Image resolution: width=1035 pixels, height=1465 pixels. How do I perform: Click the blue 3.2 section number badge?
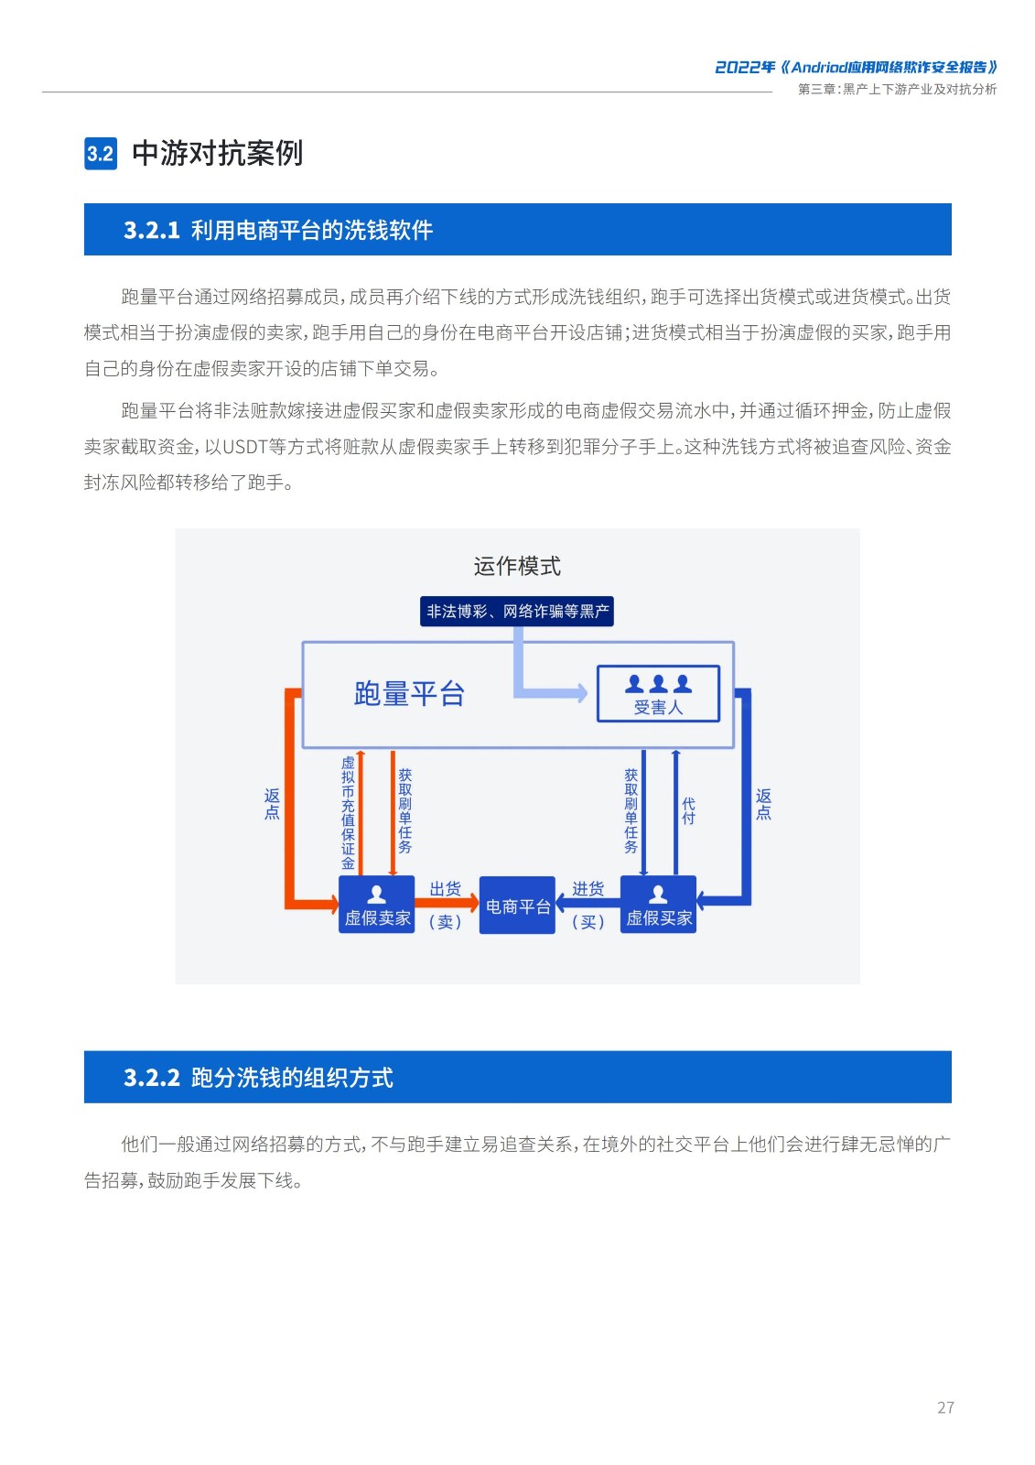(x=101, y=154)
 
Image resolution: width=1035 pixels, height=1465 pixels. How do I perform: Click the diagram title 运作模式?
(x=517, y=566)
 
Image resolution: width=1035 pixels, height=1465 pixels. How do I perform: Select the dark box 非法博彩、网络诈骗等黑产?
(x=516, y=612)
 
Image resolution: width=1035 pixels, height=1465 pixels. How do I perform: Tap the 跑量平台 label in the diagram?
(x=409, y=693)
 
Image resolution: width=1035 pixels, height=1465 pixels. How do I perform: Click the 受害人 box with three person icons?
(x=658, y=694)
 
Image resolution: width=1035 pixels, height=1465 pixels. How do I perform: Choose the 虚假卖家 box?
(x=377, y=905)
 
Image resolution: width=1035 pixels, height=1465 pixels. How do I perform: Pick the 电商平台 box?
(x=517, y=906)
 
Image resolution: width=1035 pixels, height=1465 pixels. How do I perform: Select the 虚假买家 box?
(x=658, y=905)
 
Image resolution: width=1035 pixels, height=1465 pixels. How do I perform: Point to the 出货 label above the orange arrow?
(x=446, y=889)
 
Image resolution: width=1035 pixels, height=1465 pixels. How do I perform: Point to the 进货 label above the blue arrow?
(x=588, y=889)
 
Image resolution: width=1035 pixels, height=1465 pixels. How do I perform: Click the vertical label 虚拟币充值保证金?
(x=348, y=813)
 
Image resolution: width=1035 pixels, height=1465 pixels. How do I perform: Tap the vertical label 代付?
(x=688, y=811)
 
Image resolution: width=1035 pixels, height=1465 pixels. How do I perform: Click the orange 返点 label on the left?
(x=272, y=805)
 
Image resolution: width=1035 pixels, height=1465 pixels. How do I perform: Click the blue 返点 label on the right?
(x=763, y=805)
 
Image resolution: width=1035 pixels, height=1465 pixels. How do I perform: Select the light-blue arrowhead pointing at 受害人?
(x=582, y=693)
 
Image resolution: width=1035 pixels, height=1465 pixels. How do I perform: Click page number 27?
(x=945, y=1407)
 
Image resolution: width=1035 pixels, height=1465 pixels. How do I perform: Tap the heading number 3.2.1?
(x=152, y=230)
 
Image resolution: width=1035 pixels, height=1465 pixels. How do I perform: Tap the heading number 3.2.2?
(x=152, y=1078)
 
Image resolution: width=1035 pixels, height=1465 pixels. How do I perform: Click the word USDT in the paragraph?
(x=246, y=447)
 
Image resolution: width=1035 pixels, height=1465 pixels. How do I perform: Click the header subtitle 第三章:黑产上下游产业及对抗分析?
(x=897, y=89)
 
